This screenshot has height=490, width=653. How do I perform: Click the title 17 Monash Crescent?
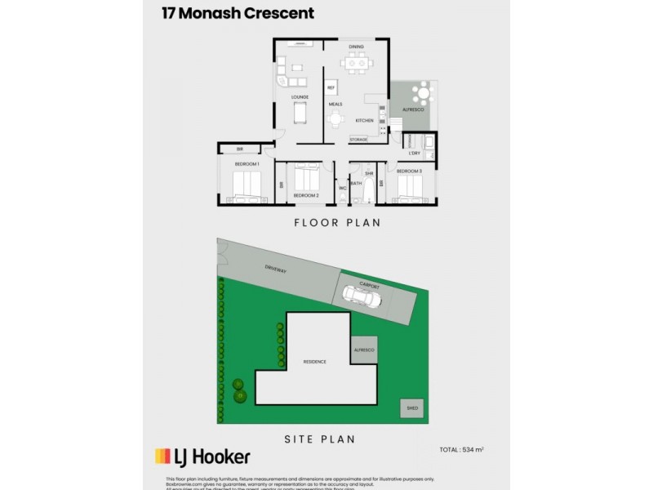(233, 14)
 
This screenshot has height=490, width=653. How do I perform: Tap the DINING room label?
(356, 47)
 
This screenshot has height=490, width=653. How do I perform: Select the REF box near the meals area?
(331, 87)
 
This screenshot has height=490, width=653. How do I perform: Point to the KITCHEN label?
(364, 121)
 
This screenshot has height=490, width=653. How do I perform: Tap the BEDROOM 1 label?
(247, 164)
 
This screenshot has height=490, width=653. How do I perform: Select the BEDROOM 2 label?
(305, 196)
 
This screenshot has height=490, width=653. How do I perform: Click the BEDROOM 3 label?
(409, 171)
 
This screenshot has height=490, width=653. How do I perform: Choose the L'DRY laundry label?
(414, 153)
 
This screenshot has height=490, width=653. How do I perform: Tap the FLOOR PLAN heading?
(326, 222)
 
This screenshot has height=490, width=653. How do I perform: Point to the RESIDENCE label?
(315, 360)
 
